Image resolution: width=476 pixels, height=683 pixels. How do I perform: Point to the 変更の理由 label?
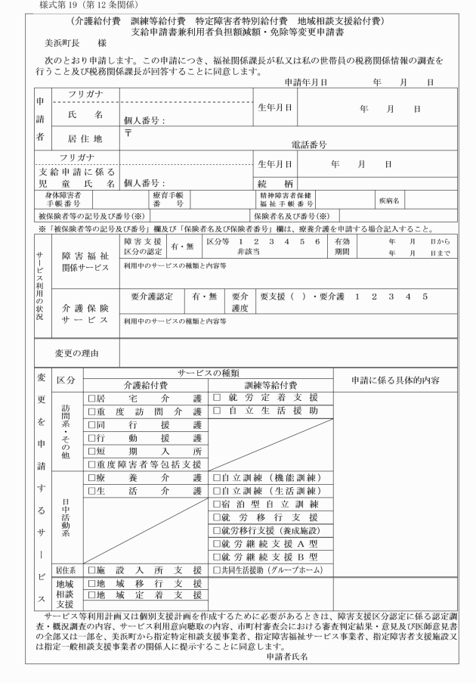click(x=78, y=352)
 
